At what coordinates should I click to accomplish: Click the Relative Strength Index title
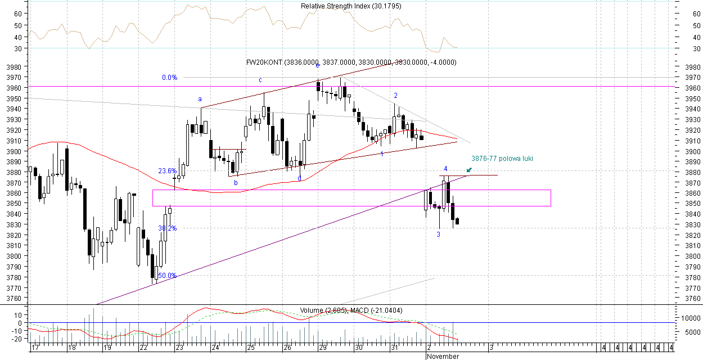(x=351, y=6)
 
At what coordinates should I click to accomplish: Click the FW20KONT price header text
(x=351, y=62)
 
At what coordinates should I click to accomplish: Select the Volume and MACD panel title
(x=351, y=310)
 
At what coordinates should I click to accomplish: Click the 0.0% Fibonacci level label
(x=169, y=78)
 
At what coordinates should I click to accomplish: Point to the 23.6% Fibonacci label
(x=167, y=171)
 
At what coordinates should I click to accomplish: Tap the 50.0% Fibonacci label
(x=167, y=276)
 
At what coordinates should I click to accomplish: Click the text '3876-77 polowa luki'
(x=502, y=159)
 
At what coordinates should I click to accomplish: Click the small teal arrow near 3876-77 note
(x=469, y=169)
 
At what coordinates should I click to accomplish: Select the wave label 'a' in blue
(x=200, y=100)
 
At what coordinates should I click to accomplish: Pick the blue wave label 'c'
(x=260, y=80)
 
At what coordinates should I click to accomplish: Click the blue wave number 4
(x=445, y=169)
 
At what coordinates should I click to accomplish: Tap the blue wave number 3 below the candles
(x=439, y=234)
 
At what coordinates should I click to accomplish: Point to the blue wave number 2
(x=396, y=96)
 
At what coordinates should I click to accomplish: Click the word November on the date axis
(x=444, y=357)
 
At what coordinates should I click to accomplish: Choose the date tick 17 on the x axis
(x=35, y=348)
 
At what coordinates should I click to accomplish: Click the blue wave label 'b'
(x=236, y=183)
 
